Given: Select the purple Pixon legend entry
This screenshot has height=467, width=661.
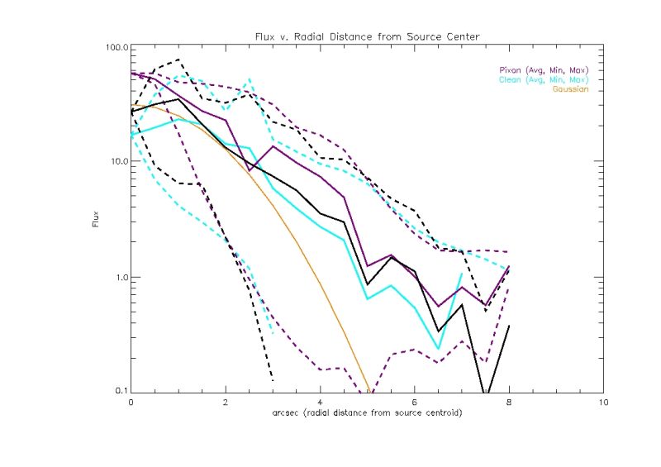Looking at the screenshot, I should point(543,69).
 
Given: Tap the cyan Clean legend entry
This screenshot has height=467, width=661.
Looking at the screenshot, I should point(543,80).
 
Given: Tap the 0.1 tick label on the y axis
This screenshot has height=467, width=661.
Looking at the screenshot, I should point(119,390).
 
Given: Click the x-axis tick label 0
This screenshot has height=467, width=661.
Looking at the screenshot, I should point(131,403).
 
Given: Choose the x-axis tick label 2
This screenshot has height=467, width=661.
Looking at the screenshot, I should point(226,403).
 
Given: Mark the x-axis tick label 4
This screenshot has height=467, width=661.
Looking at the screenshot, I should point(320,403).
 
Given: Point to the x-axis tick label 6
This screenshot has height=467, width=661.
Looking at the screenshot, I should point(414,403).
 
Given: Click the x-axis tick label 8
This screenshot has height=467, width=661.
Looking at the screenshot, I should point(508,403).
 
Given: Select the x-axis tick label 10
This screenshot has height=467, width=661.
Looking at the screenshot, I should point(602,403).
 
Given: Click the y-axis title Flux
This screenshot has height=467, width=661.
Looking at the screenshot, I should point(96,222).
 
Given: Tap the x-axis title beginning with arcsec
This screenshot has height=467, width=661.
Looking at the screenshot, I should point(366,412).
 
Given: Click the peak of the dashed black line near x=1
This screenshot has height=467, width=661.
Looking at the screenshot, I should point(178,60).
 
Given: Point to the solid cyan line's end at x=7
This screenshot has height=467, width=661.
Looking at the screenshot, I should point(461,274).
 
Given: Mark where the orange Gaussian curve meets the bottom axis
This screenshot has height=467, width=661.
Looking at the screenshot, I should point(369,391).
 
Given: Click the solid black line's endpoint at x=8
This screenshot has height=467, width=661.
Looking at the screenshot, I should point(508,326).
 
